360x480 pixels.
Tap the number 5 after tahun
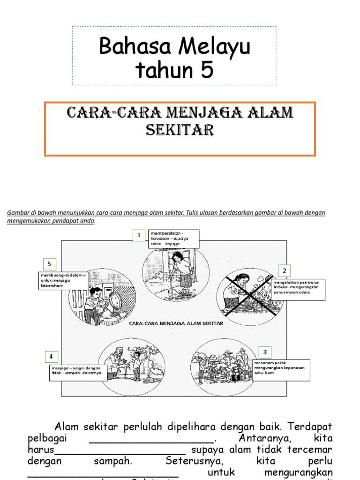206,71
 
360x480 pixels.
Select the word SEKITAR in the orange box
180,129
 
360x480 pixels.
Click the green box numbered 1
139,235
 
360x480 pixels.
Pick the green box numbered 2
284,271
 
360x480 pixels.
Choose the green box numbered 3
265,352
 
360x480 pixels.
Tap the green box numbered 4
51,357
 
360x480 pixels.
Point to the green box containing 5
49,264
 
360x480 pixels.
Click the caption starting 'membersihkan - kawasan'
173,239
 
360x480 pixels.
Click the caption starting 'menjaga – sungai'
78,373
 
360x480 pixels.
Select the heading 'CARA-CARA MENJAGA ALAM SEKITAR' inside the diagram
175,323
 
